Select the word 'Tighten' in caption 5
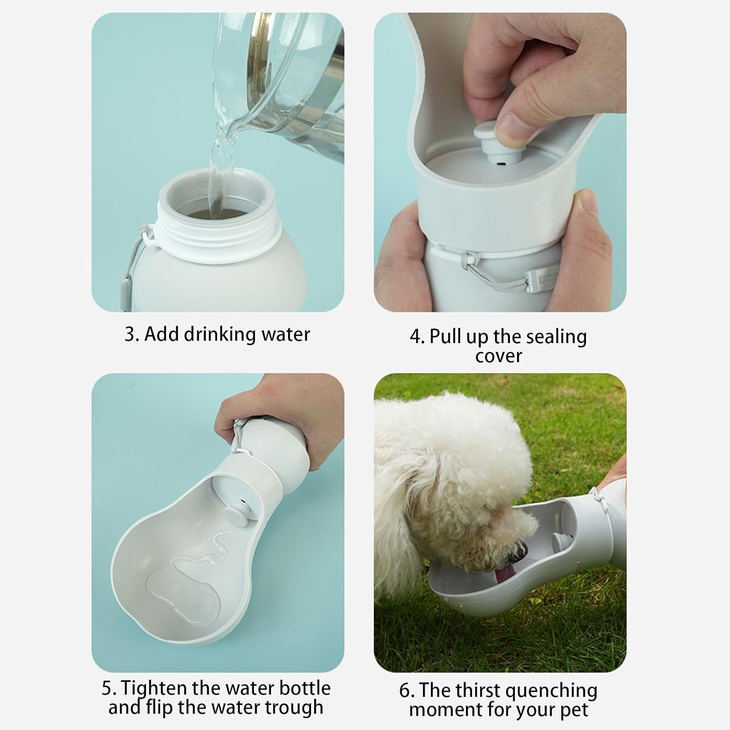coord(153,688)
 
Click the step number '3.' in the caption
coord(132,335)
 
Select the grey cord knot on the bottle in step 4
coord(470,258)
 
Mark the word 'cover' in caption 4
coord(498,356)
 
